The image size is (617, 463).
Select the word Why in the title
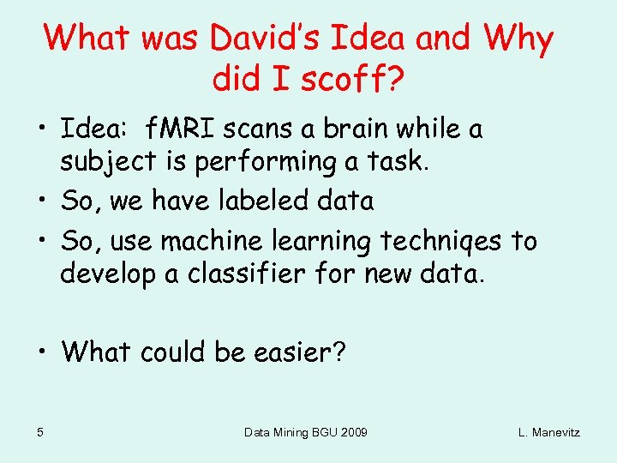pos(518,38)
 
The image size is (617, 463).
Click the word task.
pos(396,160)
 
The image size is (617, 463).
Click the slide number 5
pos(41,431)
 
